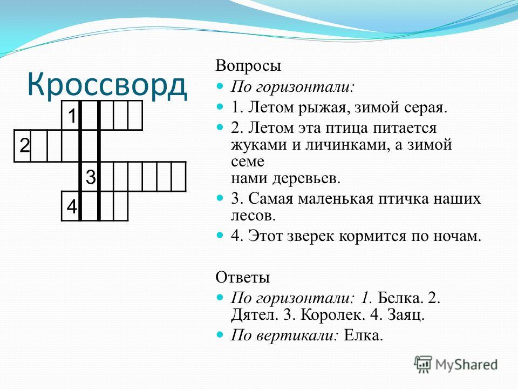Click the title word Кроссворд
107,85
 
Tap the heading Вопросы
248,66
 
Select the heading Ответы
243,277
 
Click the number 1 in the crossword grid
72,116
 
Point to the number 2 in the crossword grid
24,145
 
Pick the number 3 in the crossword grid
91,177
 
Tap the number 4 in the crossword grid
72,207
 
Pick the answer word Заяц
406,315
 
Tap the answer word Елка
363,336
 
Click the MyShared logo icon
423,365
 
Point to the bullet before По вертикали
220,334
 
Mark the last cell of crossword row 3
179,177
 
